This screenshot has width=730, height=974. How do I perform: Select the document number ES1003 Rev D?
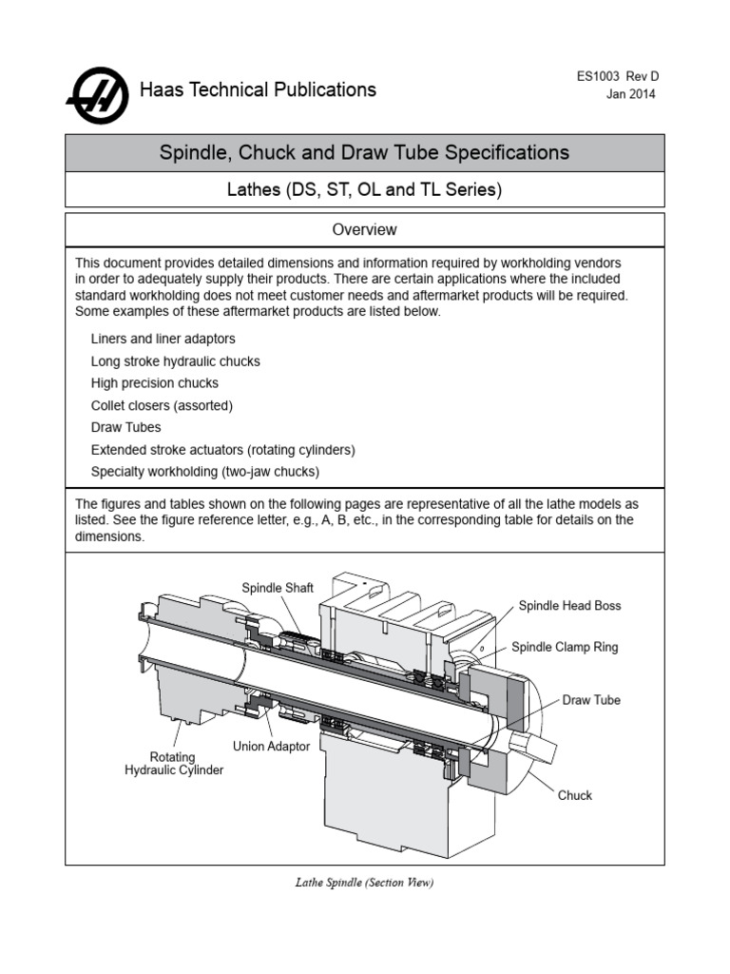[x=615, y=76]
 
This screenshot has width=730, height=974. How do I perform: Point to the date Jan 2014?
[x=631, y=94]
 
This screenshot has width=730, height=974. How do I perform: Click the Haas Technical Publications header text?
[x=258, y=90]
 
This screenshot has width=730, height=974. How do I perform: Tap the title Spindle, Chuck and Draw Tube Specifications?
[x=364, y=152]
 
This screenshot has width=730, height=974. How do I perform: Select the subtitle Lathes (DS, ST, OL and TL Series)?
[x=364, y=190]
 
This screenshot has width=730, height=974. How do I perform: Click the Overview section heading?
[x=364, y=230]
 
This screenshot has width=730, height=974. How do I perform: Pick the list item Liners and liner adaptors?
[x=163, y=339]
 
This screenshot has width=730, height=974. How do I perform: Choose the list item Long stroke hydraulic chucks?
[x=175, y=361]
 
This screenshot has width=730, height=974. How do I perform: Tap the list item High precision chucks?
[x=154, y=383]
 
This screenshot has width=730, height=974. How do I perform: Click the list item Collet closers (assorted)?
[x=162, y=405]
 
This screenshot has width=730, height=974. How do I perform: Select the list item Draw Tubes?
[x=125, y=427]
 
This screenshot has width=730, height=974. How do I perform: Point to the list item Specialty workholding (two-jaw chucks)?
[x=205, y=471]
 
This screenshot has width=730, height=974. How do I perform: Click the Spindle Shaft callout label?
[x=278, y=588]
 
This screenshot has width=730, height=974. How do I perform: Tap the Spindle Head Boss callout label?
[x=569, y=606]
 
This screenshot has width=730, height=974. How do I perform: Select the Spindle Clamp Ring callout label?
[x=565, y=647]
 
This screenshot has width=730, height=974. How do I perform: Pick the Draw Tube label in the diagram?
[x=591, y=700]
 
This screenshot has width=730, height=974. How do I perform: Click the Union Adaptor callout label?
[x=271, y=747]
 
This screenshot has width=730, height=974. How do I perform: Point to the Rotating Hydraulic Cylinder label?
[x=174, y=764]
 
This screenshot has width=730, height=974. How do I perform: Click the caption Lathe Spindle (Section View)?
[x=364, y=883]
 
